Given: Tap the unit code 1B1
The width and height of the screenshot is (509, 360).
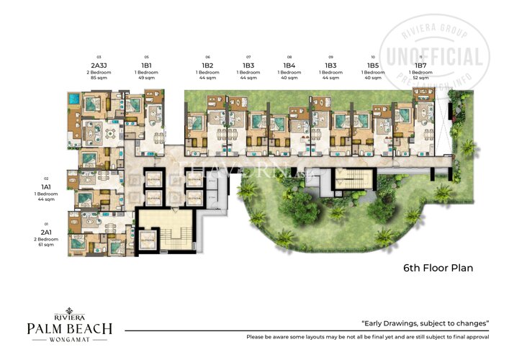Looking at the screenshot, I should [x=146, y=65].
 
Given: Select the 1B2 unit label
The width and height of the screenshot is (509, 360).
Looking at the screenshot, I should [x=207, y=65].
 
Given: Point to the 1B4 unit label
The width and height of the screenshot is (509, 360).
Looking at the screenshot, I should [x=289, y=65].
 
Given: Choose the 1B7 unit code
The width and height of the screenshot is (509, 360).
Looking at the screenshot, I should [x=420, y=65].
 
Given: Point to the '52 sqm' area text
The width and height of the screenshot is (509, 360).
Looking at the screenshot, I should [x=420, y=77].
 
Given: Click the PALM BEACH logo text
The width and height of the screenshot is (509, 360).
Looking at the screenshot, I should [x=69, y=328].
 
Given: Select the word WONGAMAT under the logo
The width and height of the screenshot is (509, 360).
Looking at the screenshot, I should [x=69, y=342].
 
